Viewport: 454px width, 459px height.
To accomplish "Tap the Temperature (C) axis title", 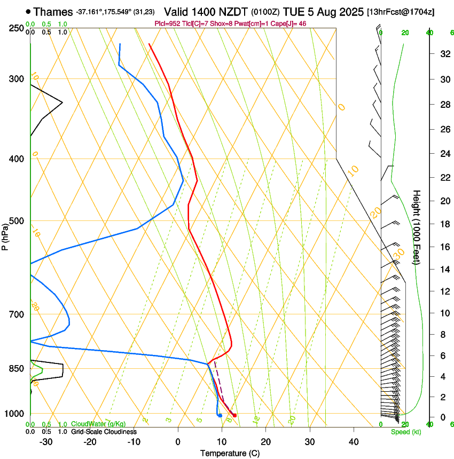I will [230, 453].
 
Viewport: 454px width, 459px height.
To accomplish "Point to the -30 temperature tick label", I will [46, 442].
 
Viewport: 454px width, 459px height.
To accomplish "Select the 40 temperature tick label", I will [353, 442].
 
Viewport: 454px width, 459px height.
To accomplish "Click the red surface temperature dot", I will [234, 415].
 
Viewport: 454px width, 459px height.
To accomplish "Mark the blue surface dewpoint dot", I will [220, 415].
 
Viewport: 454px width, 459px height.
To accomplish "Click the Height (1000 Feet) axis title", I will [417, 227].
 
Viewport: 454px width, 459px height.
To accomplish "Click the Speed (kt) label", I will [406, 432].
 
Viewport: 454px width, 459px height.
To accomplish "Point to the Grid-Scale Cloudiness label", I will [103, 432].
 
